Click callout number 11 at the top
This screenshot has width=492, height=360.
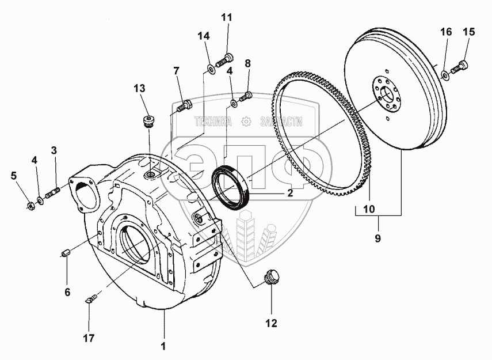click(x=226, y=17)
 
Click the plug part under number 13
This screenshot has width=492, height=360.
click(x=149, y=122)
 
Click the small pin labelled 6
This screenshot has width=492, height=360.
click(x=66, y=253)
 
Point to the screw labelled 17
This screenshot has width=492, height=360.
click(x=90, y=298)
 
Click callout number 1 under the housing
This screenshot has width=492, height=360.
click(x=163, y=346)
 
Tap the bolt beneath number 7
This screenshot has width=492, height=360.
click(x=184, y=106)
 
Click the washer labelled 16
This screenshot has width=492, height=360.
click(x=445, y=74)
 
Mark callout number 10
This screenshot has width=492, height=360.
click(x=368, y=208)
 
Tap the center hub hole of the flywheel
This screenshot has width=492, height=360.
click(x=387, y=91)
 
